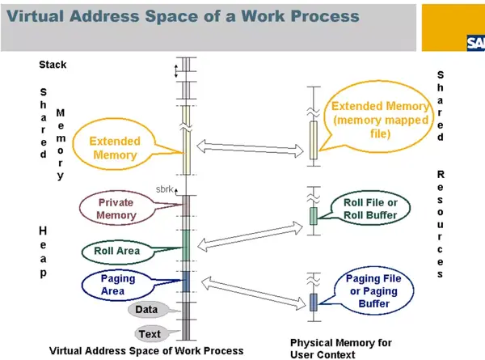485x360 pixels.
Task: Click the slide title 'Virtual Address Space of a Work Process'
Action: pyautogui.click(x=182, y=17)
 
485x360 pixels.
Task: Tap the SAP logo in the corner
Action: pyautogui.click(x=474, y=44)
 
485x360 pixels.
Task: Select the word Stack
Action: pyautogui.click(x=53, y=64)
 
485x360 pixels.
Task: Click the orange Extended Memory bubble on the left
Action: pyautogui.click(x=115, y=148)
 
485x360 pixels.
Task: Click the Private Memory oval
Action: pyautogui.click(x=116, y=210)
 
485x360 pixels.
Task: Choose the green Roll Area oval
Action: pyautogui.click(x=116, y=251)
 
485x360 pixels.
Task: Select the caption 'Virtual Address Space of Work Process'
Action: pyautogui.click(x=146, y=350)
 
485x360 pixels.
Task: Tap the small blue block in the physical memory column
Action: pyautogui.click(x=314, y=302)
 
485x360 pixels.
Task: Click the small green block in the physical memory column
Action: pyautogui.click(x=314, y=215)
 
